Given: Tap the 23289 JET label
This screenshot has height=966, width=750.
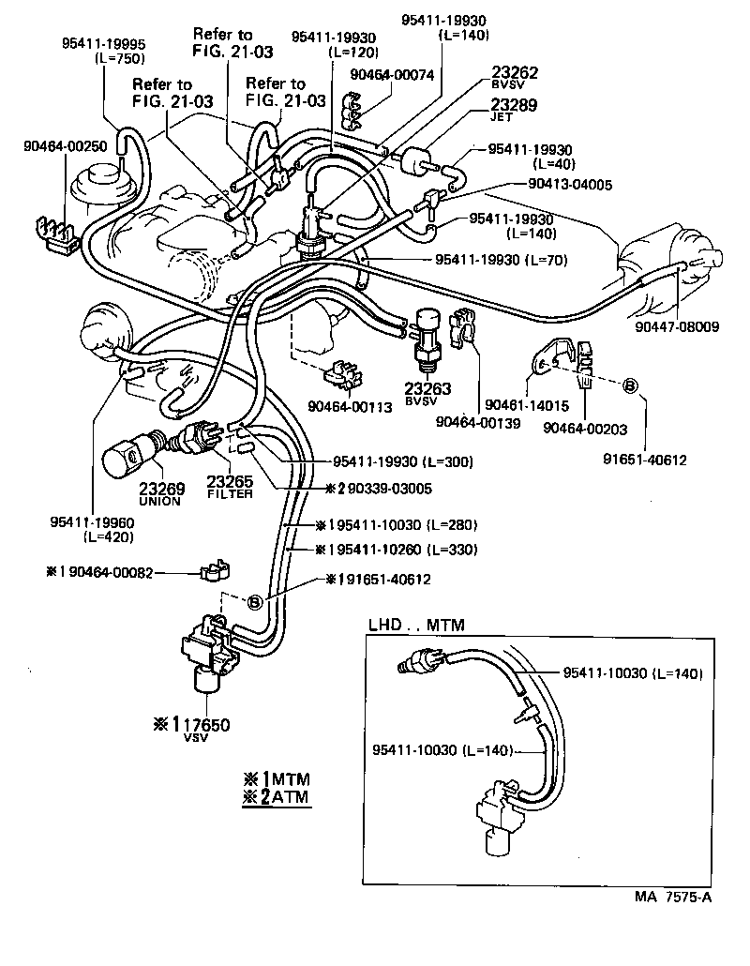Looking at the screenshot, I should pos(514,111).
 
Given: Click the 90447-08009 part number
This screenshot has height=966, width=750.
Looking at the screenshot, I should pos(682,327).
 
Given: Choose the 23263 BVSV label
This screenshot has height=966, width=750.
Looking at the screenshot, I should pos(427,392).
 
